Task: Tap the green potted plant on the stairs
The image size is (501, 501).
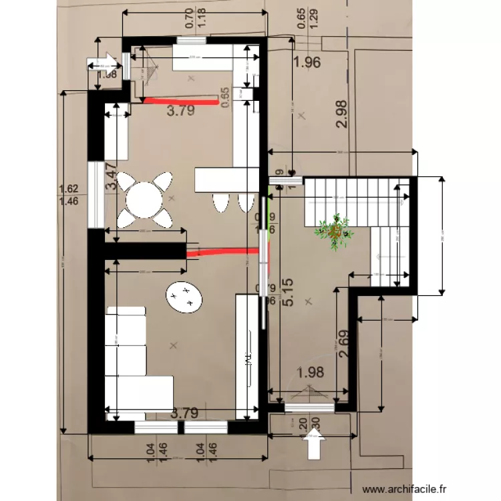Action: [334, 230]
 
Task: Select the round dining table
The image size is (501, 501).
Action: [144, 198]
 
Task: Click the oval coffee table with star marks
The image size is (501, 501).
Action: [183, 295]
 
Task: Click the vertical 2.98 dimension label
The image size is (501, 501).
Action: [341, 114]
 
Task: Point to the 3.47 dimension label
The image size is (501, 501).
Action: [112, 178]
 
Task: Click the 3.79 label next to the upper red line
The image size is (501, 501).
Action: [180, 112]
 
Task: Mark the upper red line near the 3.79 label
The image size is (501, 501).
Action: [180, 102]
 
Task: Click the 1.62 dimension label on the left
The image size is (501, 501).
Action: [64, 189]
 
